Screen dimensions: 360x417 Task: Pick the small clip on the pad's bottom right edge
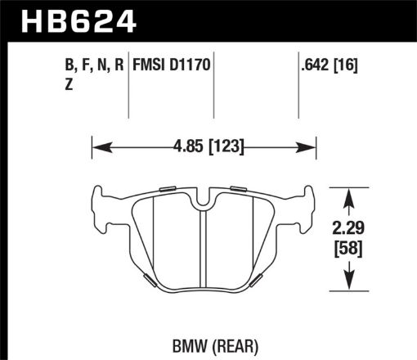255,281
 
